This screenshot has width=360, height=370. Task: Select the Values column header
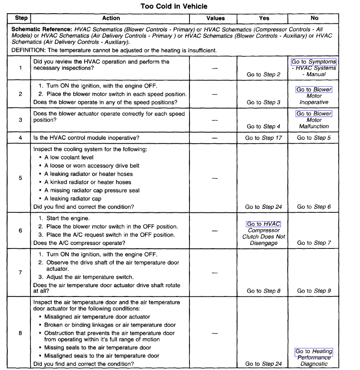tap(215, 18)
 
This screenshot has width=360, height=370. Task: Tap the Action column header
tap(111, 18)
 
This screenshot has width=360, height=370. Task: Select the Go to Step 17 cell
tap(262, 138)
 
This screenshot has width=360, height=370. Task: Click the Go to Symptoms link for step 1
tap(314, 62)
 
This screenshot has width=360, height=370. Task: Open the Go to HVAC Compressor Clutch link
tap(264, 224)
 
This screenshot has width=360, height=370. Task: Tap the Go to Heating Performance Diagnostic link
tap(314, 351)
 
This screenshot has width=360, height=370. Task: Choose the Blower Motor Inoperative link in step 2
tap(314, 90)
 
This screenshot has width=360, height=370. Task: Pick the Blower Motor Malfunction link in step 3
tap(314, 114)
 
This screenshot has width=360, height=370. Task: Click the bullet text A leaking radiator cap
tap(73, 199)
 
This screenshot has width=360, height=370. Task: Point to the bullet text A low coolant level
tap(69, 157)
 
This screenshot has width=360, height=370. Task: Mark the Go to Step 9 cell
tap(314, 291)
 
